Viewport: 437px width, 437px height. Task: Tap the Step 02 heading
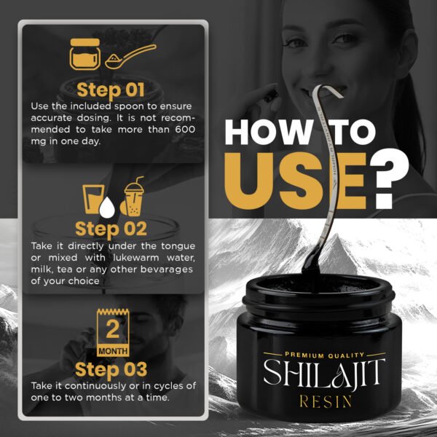click(x=111, y=229)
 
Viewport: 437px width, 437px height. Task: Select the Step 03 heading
click(x=111, y=368)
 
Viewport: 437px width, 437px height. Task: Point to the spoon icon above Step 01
click(x=130, y=56)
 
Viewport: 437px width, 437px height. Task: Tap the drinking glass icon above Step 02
click(x=92, y=197)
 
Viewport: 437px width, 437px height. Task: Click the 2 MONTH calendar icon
click(x=112, y=332)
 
